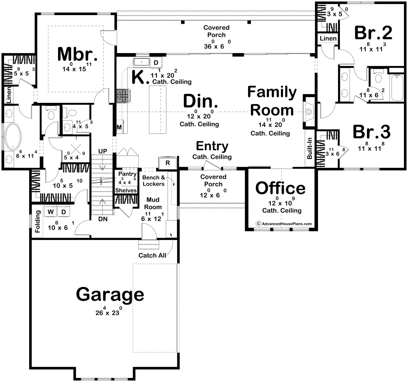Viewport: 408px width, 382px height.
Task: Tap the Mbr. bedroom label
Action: [x=78, y=54]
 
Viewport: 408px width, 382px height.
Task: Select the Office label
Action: [x=280, y=188]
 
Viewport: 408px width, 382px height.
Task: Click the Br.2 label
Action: [x=373, y=33]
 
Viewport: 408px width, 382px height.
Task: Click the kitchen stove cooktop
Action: [x=123, y=96]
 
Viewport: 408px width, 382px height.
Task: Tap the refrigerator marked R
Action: [x=168, y=163]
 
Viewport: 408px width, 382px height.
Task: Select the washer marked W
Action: [x=51, y=211]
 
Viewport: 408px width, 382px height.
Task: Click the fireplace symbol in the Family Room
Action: [x=309, y=112]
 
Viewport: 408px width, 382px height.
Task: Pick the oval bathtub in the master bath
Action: [x=13, y=136]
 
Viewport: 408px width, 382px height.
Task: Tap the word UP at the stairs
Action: [x=103, y=151]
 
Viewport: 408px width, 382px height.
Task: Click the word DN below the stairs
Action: [x=103, y=219]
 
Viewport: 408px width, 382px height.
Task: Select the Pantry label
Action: [x=127, y=174]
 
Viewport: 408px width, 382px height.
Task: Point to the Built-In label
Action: [x=309, y=148]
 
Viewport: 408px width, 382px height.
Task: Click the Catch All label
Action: [x=152, y=255]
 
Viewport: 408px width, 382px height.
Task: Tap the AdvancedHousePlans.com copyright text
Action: [x=284, y=224]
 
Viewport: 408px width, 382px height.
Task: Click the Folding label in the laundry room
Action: [x=38, y=221]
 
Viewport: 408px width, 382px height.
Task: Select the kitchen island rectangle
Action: [x=157, y=110]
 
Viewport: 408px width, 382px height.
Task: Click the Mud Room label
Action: [x=153, y=203]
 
